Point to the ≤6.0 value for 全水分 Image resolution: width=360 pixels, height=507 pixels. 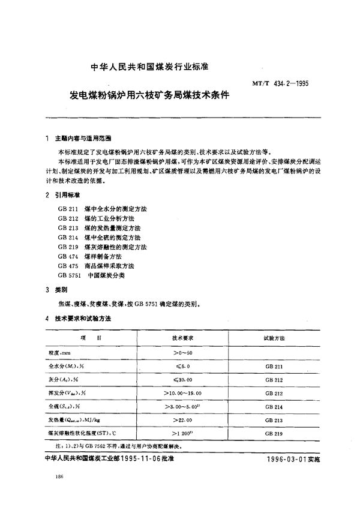click(x=181, y=366)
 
